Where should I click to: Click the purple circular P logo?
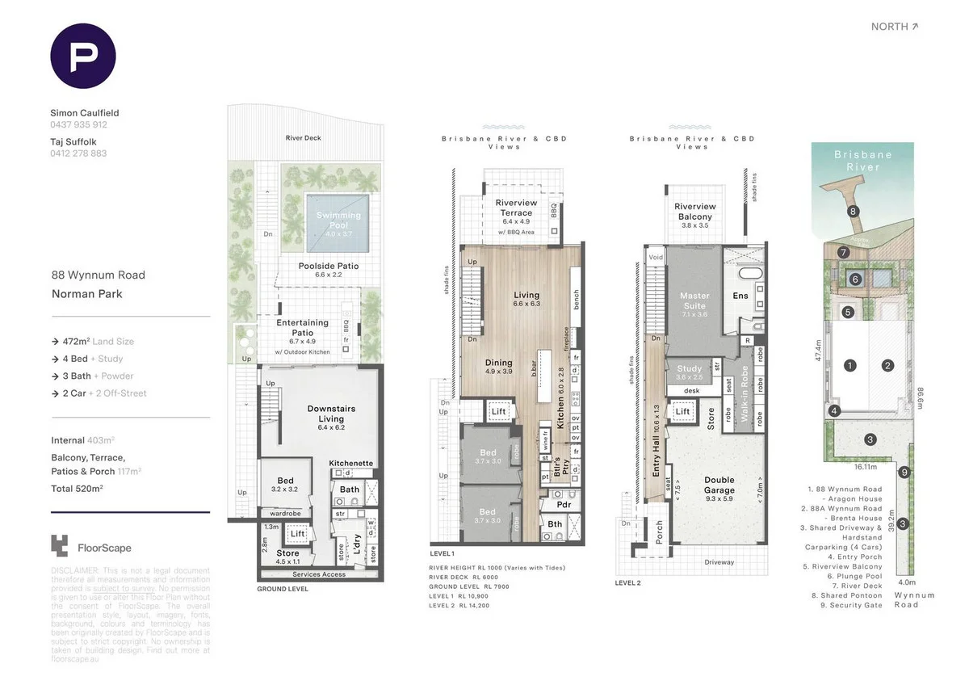point(83,56)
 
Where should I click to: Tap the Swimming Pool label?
point(338,221)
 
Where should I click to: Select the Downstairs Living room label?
point(331,414)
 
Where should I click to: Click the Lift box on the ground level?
point(298,535)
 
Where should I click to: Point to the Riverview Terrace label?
point(514,208)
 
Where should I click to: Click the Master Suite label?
point(694,300)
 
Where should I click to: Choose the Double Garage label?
point(719,485)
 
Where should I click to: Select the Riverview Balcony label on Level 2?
point(694,212)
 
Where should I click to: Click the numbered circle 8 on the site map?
point(853,212)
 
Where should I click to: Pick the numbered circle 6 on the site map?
point(855,279)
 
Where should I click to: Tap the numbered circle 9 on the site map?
point(905,473)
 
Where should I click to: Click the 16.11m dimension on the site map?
point(865,467)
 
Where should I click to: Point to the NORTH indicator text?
point(894,27)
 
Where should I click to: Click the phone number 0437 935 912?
point(78,125)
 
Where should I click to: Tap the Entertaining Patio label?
point(303,327)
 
